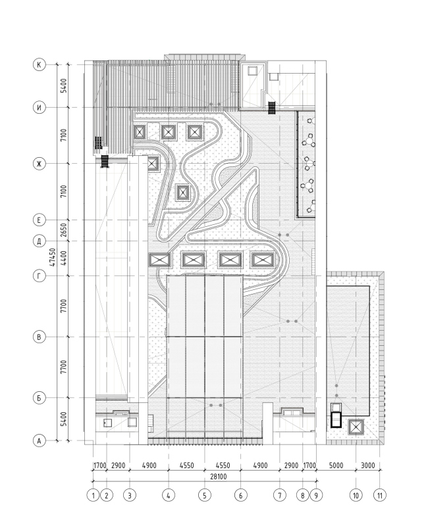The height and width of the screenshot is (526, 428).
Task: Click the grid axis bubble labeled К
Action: point(40,64)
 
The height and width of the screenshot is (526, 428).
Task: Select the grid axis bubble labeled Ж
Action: point(40,164)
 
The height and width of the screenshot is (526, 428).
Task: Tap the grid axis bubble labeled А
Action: point(40,441)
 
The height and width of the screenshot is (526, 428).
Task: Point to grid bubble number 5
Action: point(205,495)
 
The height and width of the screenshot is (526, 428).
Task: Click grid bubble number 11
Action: point(380,495)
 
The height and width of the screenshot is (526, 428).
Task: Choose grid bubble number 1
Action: point(93,495)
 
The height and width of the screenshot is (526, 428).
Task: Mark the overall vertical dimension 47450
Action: point(52,257)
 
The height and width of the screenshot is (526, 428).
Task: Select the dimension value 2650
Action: point(63,231)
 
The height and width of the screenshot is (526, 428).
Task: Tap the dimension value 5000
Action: point(336,466)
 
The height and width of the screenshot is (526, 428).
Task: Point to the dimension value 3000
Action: point(368,466)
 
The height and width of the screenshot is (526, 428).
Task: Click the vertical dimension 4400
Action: point(63,258)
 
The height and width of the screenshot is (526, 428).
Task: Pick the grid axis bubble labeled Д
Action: point(40,241)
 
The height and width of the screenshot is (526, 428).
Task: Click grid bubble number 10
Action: point(356,495)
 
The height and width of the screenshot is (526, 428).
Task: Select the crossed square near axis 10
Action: point(356,427)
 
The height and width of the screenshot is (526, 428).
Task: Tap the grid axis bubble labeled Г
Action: point(40,275)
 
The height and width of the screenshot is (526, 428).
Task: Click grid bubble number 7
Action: point(279,495)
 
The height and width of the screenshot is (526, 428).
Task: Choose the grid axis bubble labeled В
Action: point(40,337)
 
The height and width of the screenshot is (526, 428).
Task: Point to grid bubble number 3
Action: point(130,495)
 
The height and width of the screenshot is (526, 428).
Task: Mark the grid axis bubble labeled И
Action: point(40,107)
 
